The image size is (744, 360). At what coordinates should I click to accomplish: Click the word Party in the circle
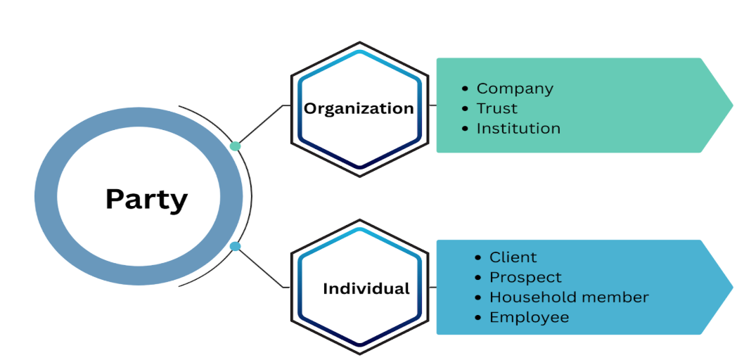pyautogui.click(x=146, y=199)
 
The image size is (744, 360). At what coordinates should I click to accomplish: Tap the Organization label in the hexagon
pyautogui.click(x=359, y=108)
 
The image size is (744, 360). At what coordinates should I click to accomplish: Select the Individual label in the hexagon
pyautogui.click(x=366, y=288)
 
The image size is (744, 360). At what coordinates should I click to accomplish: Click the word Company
pyautogui.click(x=515, y=89)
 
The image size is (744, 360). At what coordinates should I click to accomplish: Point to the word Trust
pyautogui.click(x=496, y=108)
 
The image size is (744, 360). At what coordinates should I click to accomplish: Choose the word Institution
pyautogui.click(x=518, y=128)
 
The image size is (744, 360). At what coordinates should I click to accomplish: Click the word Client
pyautogui.click(x=513, y=257)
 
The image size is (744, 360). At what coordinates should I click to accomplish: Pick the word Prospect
pyautogui.click(x=525, y=277)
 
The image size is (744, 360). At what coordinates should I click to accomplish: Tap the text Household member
pyautogui.click(x=569, y=297)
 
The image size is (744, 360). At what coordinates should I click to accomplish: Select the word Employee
pyautogui.click(x=529, y=317)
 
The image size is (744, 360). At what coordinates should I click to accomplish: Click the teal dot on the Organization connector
pyautogui.click(x=236, y=146)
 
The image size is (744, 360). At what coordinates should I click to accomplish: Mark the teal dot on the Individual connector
pyautogui.click(x=236, y=246)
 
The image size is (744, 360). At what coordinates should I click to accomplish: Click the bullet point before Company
pyautogui.click(x=466, y=89)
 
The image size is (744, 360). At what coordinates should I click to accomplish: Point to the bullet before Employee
pyautogui.click(x=479, y=318)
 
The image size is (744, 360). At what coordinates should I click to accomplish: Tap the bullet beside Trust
pyautogui.click(x=466, y=109)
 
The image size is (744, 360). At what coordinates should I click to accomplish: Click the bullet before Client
pyautogui.click(x=479, y=258)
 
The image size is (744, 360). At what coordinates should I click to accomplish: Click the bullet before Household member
pyautogui.click(x=479, y=297)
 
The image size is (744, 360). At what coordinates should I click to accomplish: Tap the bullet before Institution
pyautogui.click(x=466, y=129)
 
